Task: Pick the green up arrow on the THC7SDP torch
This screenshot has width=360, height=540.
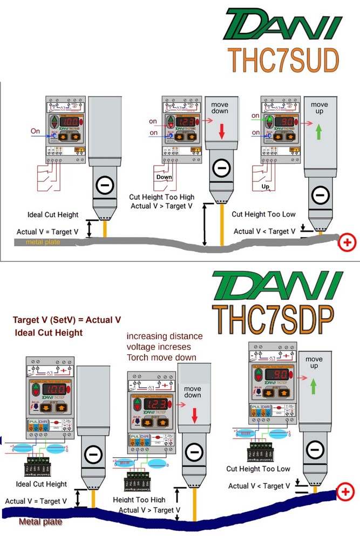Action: [x=314, y=386]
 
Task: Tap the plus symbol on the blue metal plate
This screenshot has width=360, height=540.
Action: [x=344, y=492]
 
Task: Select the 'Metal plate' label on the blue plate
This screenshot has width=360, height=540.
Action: [x=40, y=522]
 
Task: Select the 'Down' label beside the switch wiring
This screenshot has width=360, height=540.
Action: [x=164, y=177]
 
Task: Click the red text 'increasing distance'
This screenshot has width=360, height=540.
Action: [x=165, y=336]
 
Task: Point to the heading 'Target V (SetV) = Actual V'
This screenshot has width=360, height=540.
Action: [x=67, y=320]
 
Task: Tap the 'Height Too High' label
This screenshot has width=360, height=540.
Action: [x=139, y=500]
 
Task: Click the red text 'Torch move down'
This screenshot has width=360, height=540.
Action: [x=161, y=357]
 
